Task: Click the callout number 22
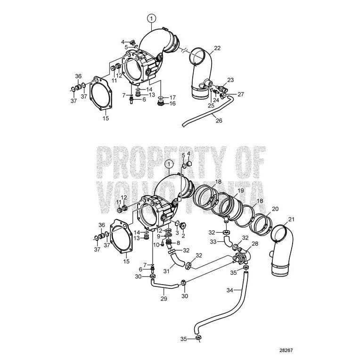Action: pos(217,48)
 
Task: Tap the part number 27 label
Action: pos(241,94)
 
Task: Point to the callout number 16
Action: pos(172,104)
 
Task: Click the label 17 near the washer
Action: pos(172,97)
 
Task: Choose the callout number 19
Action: pos(240,190)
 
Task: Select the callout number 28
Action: pos(255,243)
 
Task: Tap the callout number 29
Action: pos(164,299)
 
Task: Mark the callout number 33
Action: pos(213,242)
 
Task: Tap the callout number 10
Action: pos(156,244)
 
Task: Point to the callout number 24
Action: pos(215,99)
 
